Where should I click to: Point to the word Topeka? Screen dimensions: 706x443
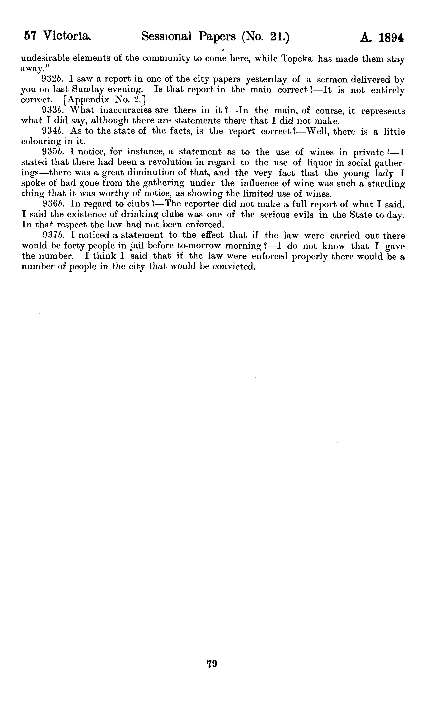tap(297, 59)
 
